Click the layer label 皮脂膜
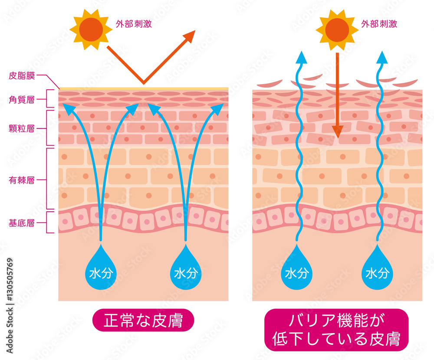tap(22, 75)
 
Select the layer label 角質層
tap(22, 99)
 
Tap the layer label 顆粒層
tap(22, 128)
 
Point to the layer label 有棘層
tap(22, 180)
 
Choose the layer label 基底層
tap(22, 223)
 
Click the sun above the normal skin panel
tap(91, 29)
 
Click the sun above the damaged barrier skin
tap(337, 30)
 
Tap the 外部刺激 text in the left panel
tap(134, 24)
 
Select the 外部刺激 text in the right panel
tap(379, 24)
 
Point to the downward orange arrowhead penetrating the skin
tap(337, 132)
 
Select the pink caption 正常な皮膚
tap(143, 320)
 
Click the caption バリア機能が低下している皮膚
tap(336, 330)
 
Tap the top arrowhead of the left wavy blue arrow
tap(301, 57)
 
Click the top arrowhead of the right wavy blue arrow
tap(382, 57)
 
